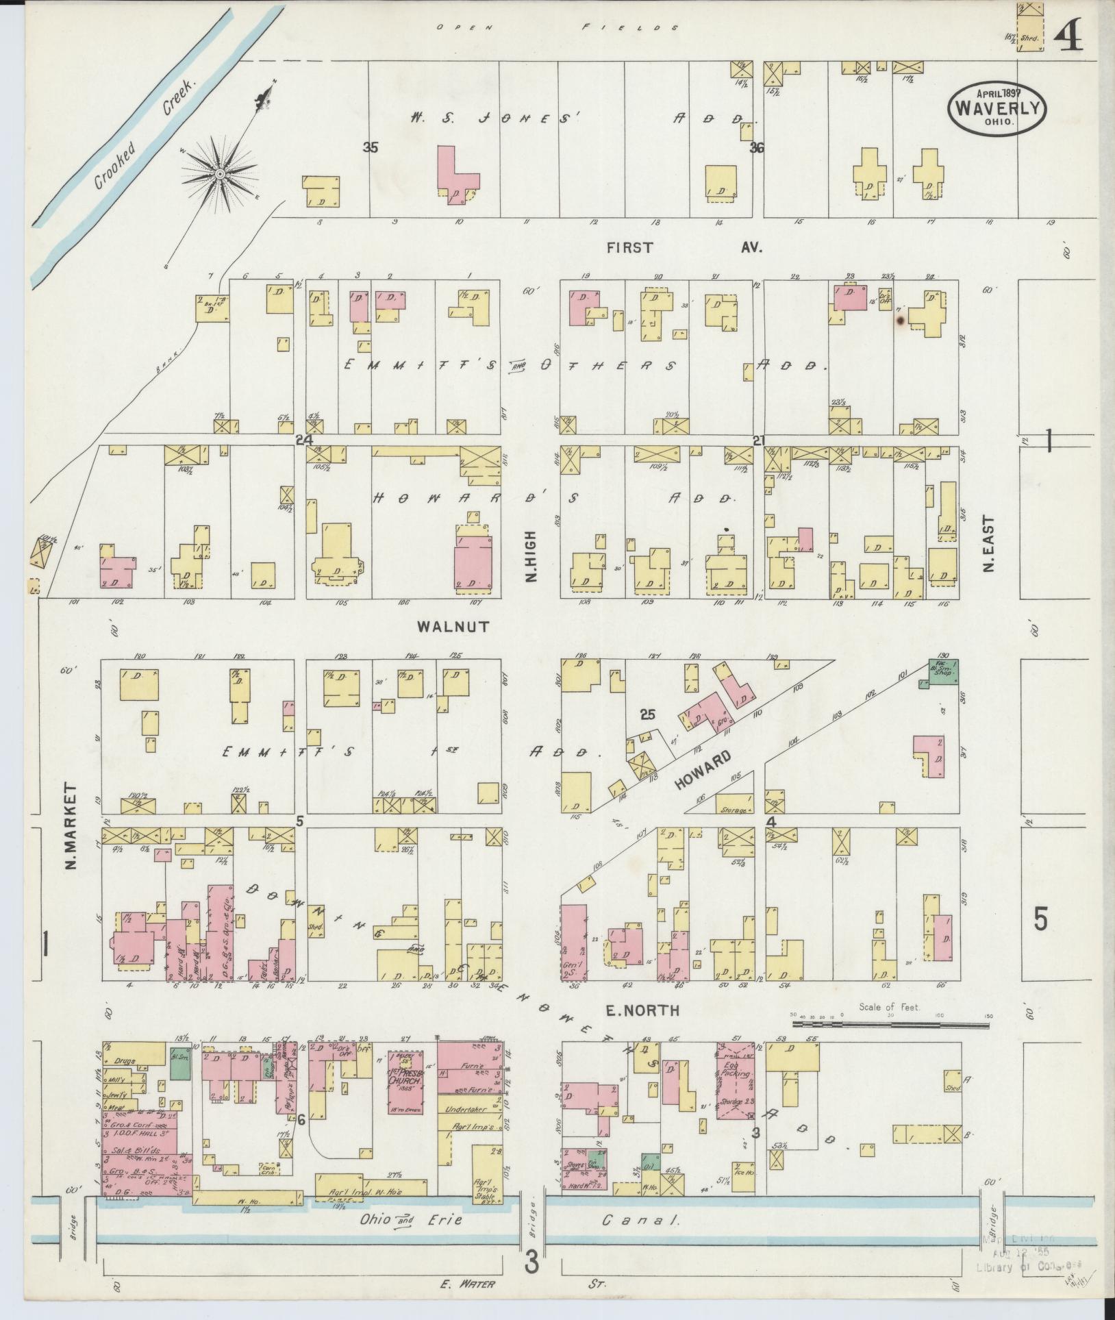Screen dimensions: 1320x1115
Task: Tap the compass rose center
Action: tap(220, 175)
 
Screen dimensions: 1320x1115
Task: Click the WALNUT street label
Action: tap(453, 626)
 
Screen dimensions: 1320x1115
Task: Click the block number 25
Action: tap(647, 714)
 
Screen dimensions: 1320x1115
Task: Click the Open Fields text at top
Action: tap(558, 28)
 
